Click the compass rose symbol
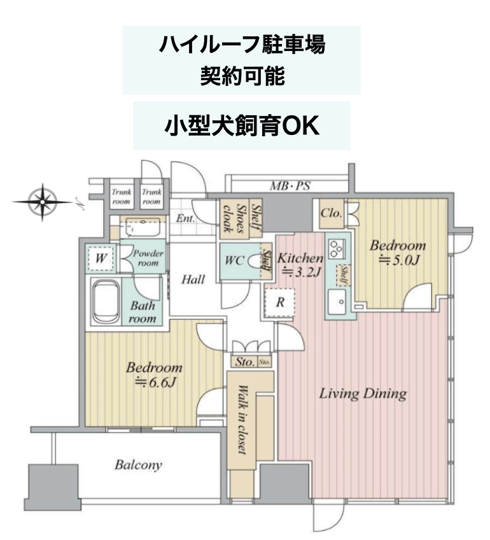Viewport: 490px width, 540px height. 43,202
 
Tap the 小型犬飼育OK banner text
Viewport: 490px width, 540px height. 242,126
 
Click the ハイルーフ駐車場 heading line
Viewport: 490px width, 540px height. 242,45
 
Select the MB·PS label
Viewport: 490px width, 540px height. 290,186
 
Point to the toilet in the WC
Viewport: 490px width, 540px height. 255,260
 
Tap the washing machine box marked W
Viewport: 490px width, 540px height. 100,258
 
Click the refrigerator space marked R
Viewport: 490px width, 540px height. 279,303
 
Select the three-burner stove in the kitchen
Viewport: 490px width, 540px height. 336,249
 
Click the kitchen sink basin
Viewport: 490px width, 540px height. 337,302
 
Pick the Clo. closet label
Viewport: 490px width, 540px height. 332,213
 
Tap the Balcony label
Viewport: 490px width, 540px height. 138,465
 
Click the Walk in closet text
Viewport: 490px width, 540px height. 243,420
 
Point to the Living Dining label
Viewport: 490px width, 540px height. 363,394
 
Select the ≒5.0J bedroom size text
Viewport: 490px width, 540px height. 399,260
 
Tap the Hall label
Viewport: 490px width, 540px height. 193,280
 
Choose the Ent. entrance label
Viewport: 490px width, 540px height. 185,218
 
